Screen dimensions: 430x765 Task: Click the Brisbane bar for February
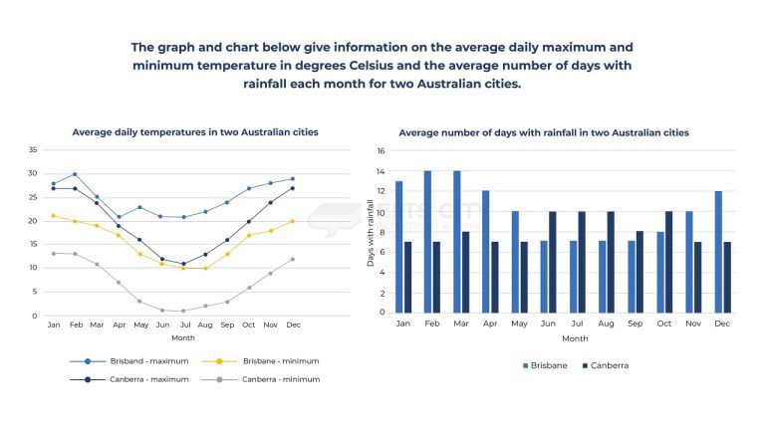pos(427,242)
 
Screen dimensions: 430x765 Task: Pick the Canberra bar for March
pos(464,272)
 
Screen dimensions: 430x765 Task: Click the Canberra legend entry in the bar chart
pos(605,365)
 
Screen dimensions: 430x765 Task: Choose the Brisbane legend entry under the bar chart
pos(545,365)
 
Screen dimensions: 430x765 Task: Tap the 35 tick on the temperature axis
pos(33,150)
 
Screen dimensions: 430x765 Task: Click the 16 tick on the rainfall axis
pos(381,151)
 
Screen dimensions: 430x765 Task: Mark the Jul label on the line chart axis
pos(183,325)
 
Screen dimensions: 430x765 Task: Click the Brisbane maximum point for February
pos(75,174)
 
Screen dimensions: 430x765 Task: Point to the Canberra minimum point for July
pos(183,311)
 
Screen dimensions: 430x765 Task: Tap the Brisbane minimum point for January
pos(53,216)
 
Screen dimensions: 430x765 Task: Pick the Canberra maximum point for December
pos(292,188)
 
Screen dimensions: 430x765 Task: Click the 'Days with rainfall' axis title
pos(371,233)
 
